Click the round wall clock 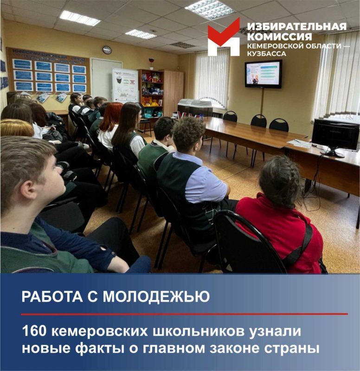click(107, 50)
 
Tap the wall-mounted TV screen click(263, 74)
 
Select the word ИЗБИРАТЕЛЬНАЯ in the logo click(296, 26)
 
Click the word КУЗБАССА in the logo click(267, 54)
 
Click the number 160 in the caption click(33, 332)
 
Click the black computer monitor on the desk click(335, 135)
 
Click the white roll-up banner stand click(125, 86)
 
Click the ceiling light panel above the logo click(210, 9)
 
